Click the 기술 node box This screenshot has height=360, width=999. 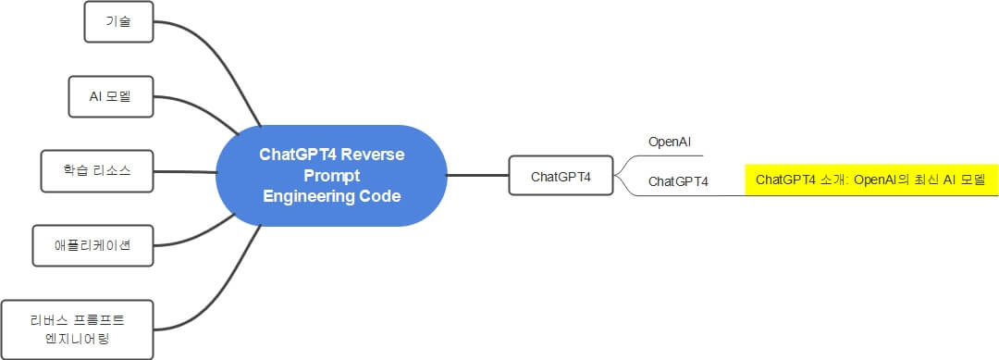(117, 22)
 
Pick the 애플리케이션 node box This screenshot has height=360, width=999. (92, 245)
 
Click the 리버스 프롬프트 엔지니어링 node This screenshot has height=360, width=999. (76, 329)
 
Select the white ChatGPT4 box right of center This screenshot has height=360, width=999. (561, 176)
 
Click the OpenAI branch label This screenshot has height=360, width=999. (670, 143)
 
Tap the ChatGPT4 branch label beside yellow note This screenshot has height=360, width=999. (678, 181)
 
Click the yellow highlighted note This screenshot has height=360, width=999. (870, 180)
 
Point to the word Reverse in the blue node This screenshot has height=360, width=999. (373, 154)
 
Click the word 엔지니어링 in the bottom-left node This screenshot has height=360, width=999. (76, 339)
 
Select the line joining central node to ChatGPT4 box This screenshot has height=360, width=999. (477, 175)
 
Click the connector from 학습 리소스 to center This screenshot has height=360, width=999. (185, 172)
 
